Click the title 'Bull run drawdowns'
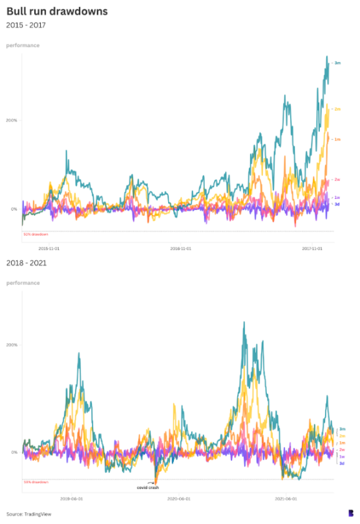57,11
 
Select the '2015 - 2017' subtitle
26,25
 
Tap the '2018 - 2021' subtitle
26,263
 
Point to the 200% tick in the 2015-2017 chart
11,120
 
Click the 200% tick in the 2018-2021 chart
11,344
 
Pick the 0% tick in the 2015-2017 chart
14,209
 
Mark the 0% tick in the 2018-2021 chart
14,452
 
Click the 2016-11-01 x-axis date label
180,247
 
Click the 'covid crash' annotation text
147,488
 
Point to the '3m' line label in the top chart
337,63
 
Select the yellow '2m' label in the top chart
337,109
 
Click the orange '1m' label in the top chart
337,139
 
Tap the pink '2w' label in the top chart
337,180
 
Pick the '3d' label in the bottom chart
342,463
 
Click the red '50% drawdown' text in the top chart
36,234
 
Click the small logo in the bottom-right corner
351,512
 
